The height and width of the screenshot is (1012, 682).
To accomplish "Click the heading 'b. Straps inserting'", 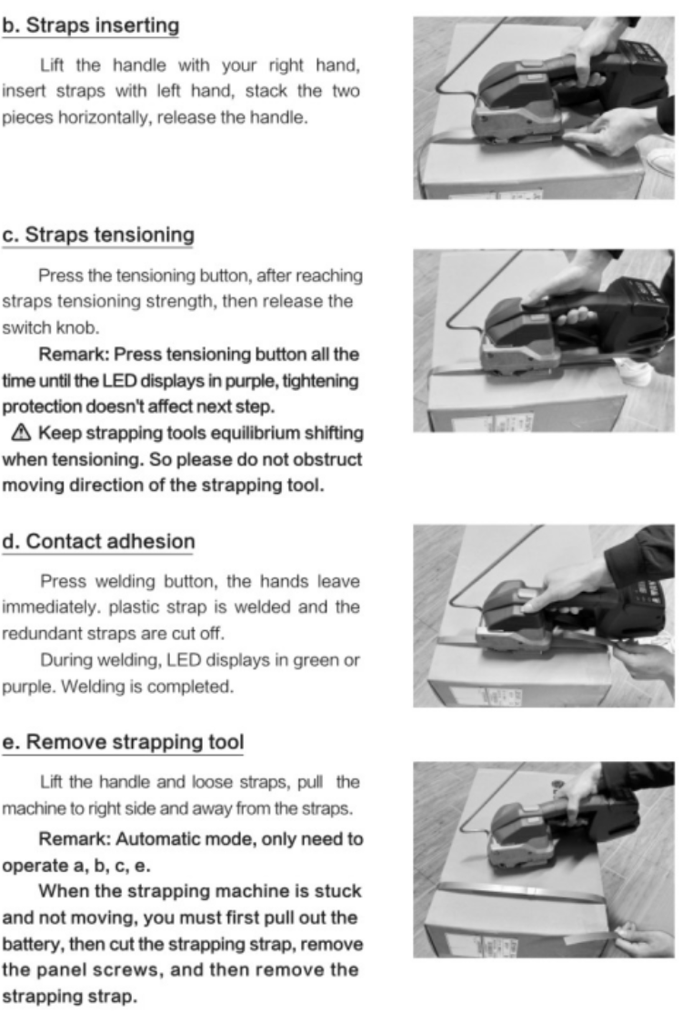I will point(90,25).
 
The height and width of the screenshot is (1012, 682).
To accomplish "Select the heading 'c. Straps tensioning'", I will point(97,235).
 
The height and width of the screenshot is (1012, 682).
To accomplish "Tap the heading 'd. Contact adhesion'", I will point(97,542).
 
